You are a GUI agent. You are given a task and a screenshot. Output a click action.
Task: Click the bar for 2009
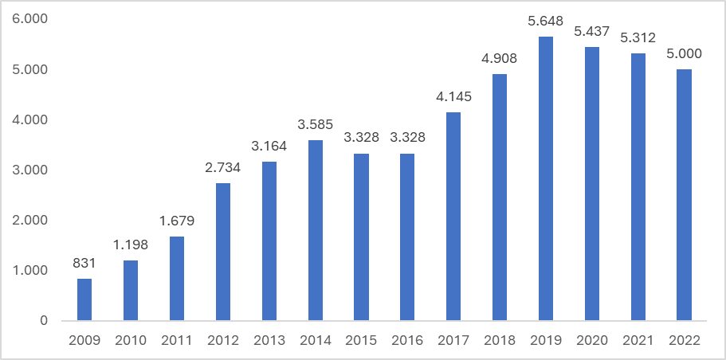click(84, 300)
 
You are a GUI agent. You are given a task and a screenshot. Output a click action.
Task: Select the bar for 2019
click(546, 179)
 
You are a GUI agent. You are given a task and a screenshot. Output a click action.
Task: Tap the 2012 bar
click(223, 252)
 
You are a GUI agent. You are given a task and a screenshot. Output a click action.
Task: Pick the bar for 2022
click(684, 195)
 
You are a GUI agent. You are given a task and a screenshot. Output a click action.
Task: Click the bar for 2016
click(407, 237)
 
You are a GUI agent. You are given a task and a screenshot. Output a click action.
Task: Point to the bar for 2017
click(453, 217)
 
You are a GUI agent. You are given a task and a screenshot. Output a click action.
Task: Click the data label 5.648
click(546, 22)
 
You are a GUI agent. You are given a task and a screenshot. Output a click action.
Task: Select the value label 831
click(84, 264)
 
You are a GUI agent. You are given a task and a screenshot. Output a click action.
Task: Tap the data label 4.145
click(453, 98)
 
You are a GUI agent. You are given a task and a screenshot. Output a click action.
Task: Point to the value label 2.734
click(223, 169)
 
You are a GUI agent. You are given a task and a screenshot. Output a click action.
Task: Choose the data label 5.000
click(684, 55)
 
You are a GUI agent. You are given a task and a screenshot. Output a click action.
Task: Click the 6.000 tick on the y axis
click(31, 19)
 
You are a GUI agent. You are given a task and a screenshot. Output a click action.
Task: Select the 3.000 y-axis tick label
click(31, 170)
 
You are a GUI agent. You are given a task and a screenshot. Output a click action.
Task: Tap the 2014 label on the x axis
click(316, 340)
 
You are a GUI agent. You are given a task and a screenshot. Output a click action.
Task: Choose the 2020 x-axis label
click(592, 340)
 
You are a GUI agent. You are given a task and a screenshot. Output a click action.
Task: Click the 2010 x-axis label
click(131, 340)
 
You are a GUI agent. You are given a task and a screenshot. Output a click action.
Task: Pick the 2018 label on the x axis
click(500, 340)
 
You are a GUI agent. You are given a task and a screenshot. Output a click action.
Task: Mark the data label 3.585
click(316, 126)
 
